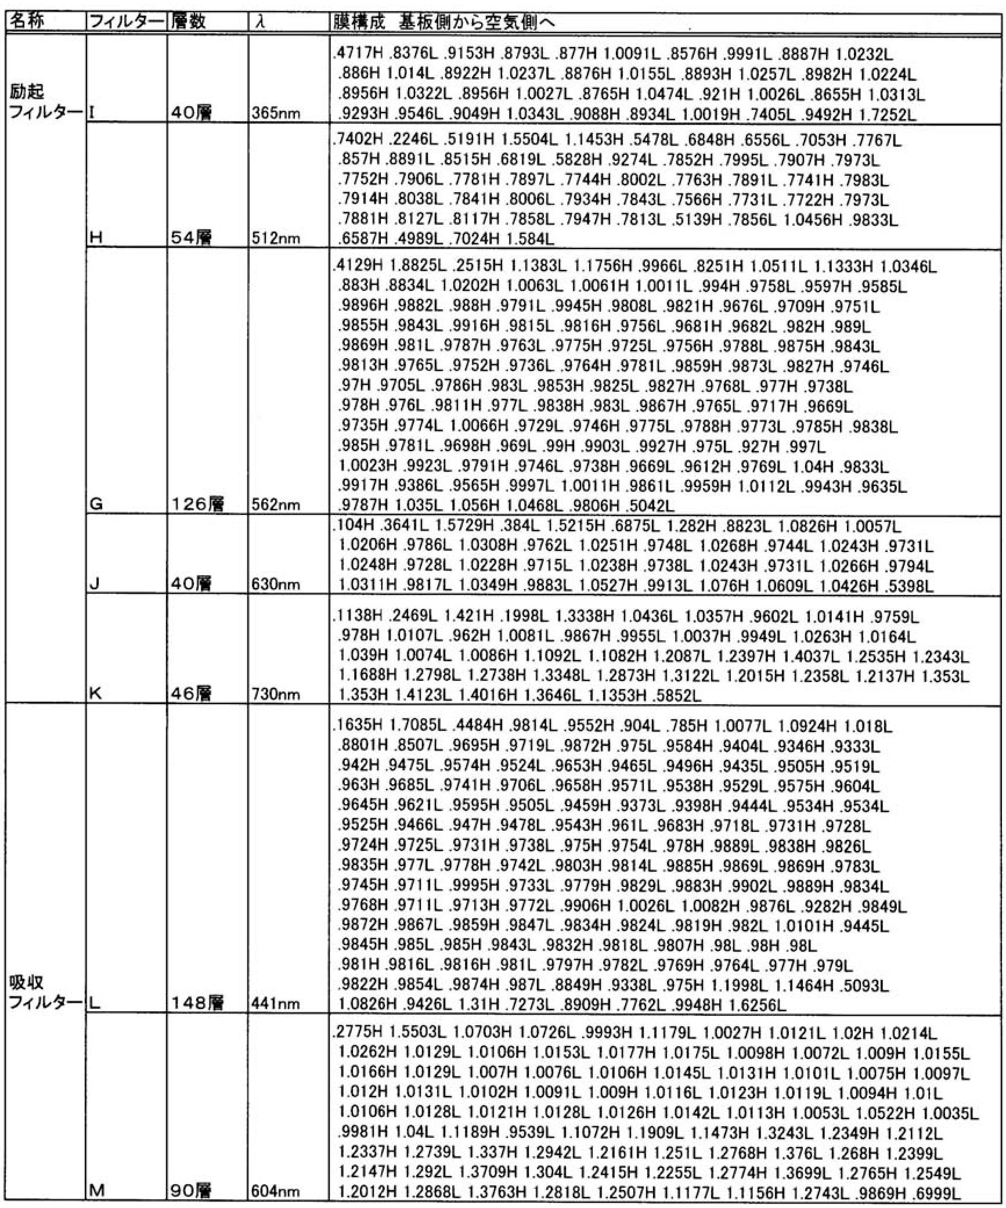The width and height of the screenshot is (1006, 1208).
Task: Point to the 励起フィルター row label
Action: (x=45, y=102)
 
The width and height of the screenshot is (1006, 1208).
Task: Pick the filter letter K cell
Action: (x=96, y=693)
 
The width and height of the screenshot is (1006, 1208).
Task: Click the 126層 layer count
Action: (x=198, y=504)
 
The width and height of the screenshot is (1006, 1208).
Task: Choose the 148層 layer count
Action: (x=198, y=1003)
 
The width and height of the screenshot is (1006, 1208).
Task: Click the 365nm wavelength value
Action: (x=276, y=113)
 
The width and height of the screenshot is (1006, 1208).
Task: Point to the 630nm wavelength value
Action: (x=276, y=584)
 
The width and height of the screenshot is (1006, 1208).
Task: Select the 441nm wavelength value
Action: (x=276, y=1003)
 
